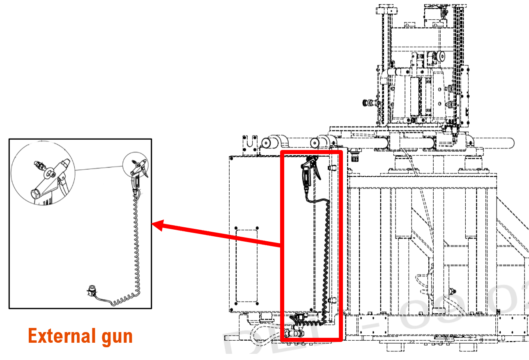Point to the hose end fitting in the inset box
92,291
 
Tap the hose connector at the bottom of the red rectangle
294,333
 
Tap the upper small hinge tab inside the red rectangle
332,168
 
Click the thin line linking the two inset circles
99,169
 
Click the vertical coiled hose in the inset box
136,247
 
